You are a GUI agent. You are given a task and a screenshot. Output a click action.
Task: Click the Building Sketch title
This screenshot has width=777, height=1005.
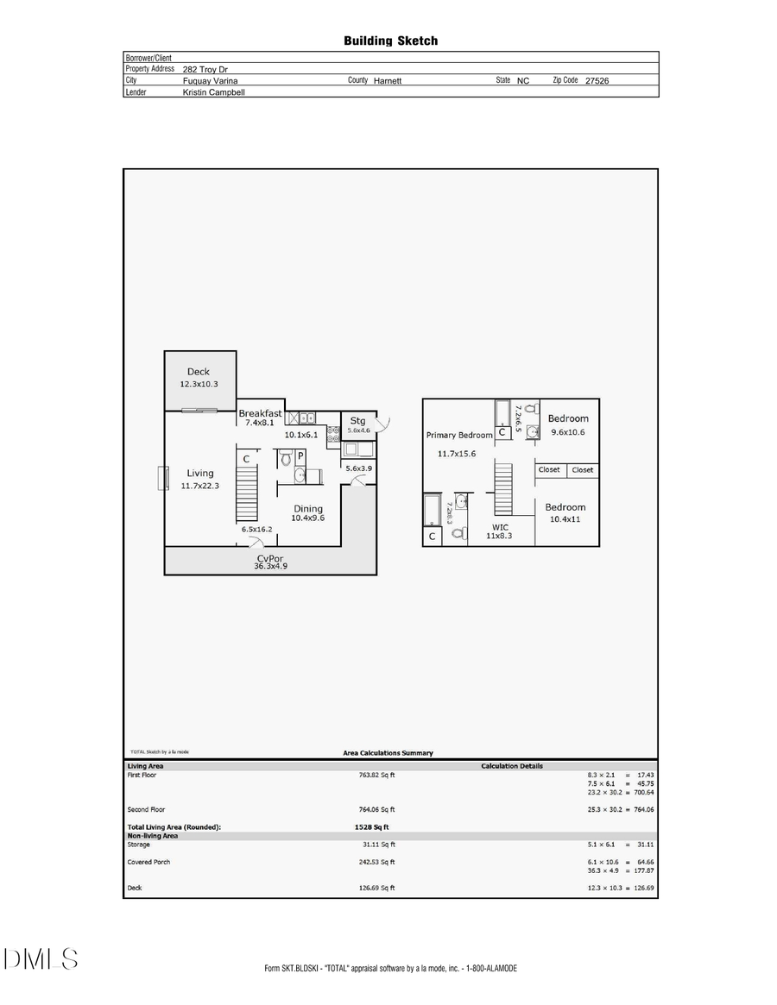point(390,41)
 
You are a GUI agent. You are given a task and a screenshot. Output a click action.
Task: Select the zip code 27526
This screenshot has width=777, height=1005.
point(597,80)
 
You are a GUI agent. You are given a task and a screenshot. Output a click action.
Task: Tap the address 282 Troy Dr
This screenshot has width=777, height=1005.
point(205,69)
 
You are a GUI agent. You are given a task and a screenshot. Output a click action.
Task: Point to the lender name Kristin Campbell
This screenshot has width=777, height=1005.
point(213,91)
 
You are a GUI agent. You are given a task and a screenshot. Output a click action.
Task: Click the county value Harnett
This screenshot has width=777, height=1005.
point(388,80)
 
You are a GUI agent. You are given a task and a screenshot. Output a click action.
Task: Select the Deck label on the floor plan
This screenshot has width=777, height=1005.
point(199,372)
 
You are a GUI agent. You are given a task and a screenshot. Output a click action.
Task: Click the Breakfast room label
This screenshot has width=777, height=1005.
point(260,413)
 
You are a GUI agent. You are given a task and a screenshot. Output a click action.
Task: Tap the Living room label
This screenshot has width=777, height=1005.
point(200,473)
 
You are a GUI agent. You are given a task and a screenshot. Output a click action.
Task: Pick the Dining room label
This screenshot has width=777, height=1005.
point(308,508)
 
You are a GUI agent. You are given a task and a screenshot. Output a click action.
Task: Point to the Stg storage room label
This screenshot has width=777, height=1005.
point(357,421)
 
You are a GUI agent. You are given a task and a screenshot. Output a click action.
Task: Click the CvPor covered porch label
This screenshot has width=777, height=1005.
point(269,558)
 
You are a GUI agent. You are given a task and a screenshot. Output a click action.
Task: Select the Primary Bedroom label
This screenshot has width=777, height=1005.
point(458,435)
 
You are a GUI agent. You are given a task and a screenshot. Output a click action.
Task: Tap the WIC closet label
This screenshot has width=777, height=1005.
point(500,526)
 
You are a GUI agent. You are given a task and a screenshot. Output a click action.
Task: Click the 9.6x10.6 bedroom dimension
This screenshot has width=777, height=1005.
point(567,432)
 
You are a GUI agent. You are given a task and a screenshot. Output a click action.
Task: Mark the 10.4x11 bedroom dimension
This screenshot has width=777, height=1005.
point(565,520)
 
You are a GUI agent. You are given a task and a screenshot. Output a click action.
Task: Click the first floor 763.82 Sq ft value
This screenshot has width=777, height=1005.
point(376,775)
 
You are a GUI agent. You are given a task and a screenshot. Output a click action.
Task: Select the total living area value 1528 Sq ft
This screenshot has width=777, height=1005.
point(371,826)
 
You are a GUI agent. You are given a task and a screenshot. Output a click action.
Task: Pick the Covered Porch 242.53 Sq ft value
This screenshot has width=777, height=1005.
point(376,862)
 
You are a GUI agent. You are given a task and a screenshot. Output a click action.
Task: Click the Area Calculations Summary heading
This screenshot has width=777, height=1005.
point(388,753)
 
